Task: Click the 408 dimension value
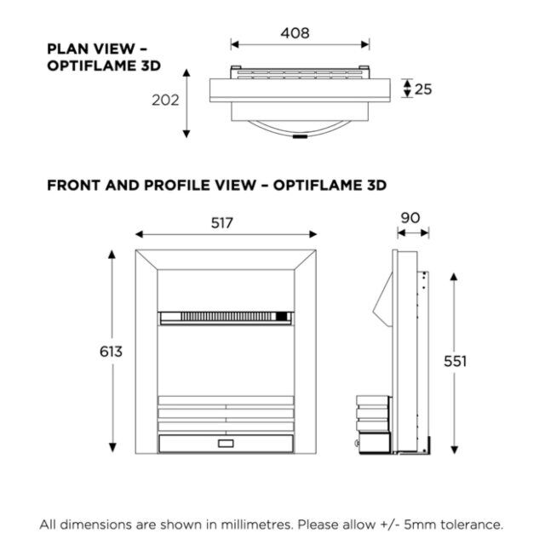tap(295, 33)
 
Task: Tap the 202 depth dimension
tap(165, 100)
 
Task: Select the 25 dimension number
tap(423, 89)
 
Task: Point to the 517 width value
tap(221, 223)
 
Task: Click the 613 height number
tap(111, 352)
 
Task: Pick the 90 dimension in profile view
tap(410, 218)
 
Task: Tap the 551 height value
tap(455, 361)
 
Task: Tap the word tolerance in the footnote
tap(471, 525)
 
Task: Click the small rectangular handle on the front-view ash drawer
tap(226, 444)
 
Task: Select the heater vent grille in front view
tap(226, 316)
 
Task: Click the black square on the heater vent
tap(282, 316)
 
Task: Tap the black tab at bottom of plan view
tap(300, 136)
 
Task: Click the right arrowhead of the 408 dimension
tap(365, 44)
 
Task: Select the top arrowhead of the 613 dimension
tap(112, 255)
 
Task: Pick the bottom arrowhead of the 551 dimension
tap(454, 450)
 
